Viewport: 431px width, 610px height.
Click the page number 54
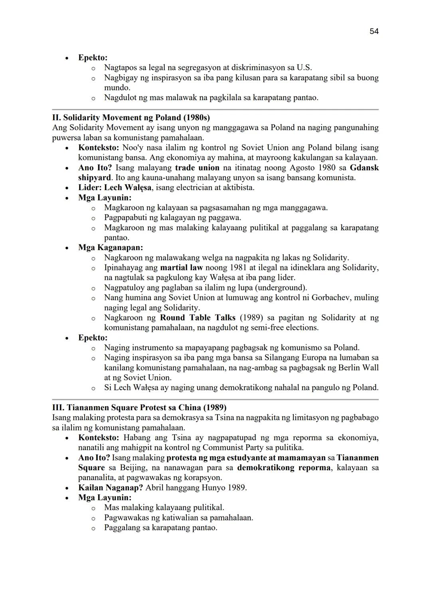[374, 31]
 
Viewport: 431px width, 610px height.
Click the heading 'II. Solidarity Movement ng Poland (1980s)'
[131, 117]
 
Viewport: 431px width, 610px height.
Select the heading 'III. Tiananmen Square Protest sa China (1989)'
[139, 407]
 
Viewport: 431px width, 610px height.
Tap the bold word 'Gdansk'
[364, 167]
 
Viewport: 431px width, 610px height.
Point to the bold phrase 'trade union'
[197, 167]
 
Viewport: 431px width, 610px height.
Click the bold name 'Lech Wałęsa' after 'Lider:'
[128, 187]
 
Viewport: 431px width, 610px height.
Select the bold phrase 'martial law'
[181, 267]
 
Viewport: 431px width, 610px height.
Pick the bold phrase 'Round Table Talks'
[198, 318]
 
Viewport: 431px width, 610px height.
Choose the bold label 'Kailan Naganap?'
[110, 487]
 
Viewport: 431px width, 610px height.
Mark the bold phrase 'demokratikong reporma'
[283, 467]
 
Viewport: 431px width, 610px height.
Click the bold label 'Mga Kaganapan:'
[110, 247]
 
